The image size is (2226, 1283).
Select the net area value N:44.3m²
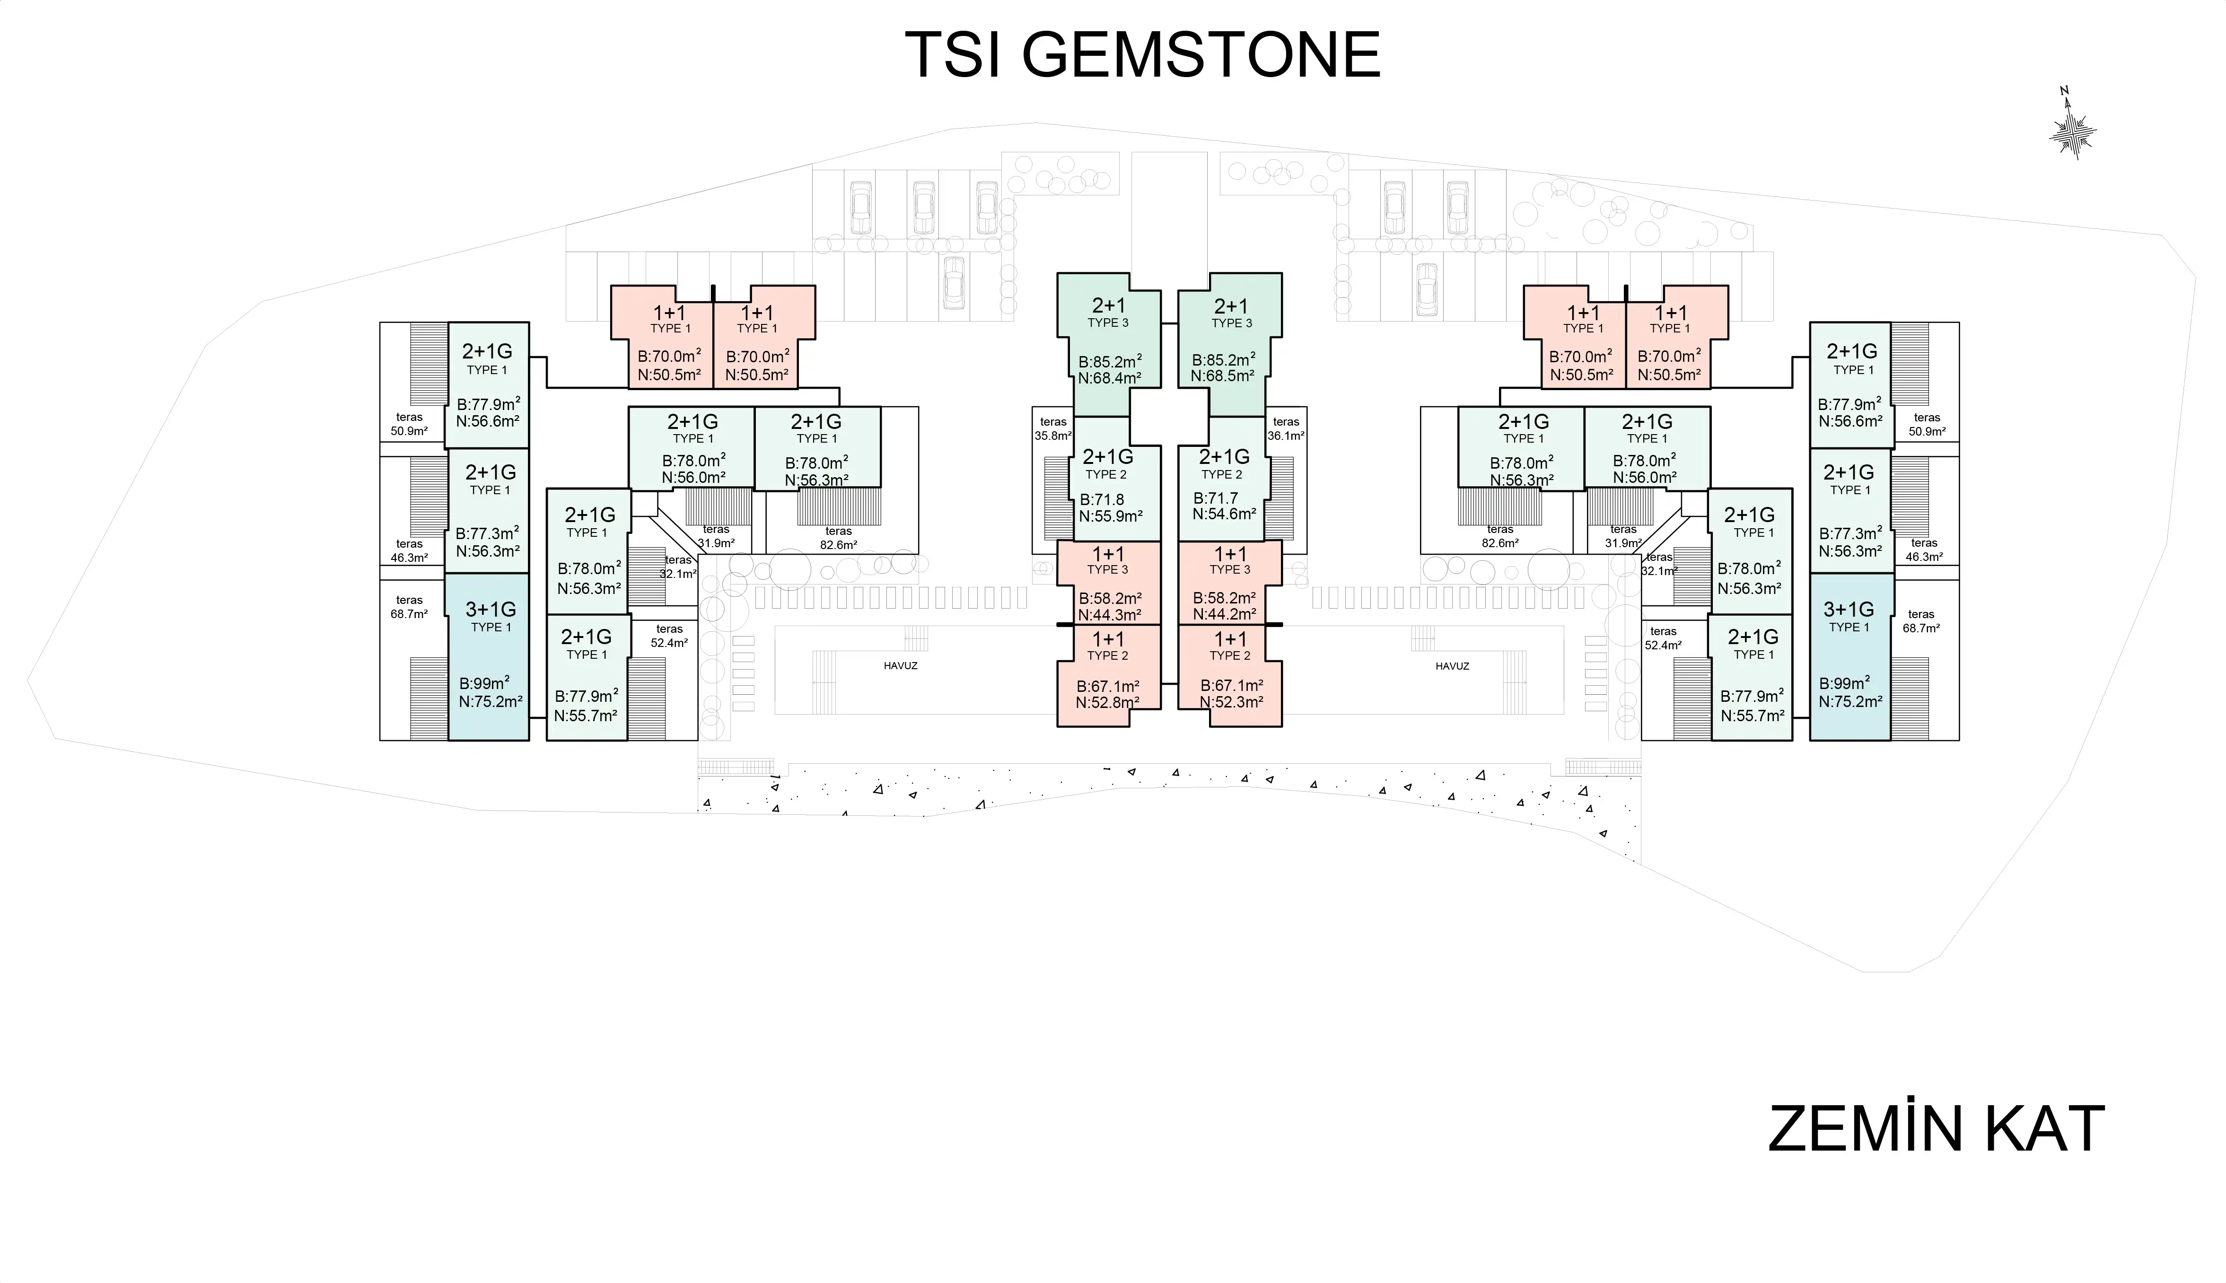pos(1110,616)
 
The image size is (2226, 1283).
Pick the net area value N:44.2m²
pos(1224,615)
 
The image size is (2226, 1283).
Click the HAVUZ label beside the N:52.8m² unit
pos(901,666)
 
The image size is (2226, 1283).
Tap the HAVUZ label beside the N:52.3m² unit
pos(1452,666)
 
